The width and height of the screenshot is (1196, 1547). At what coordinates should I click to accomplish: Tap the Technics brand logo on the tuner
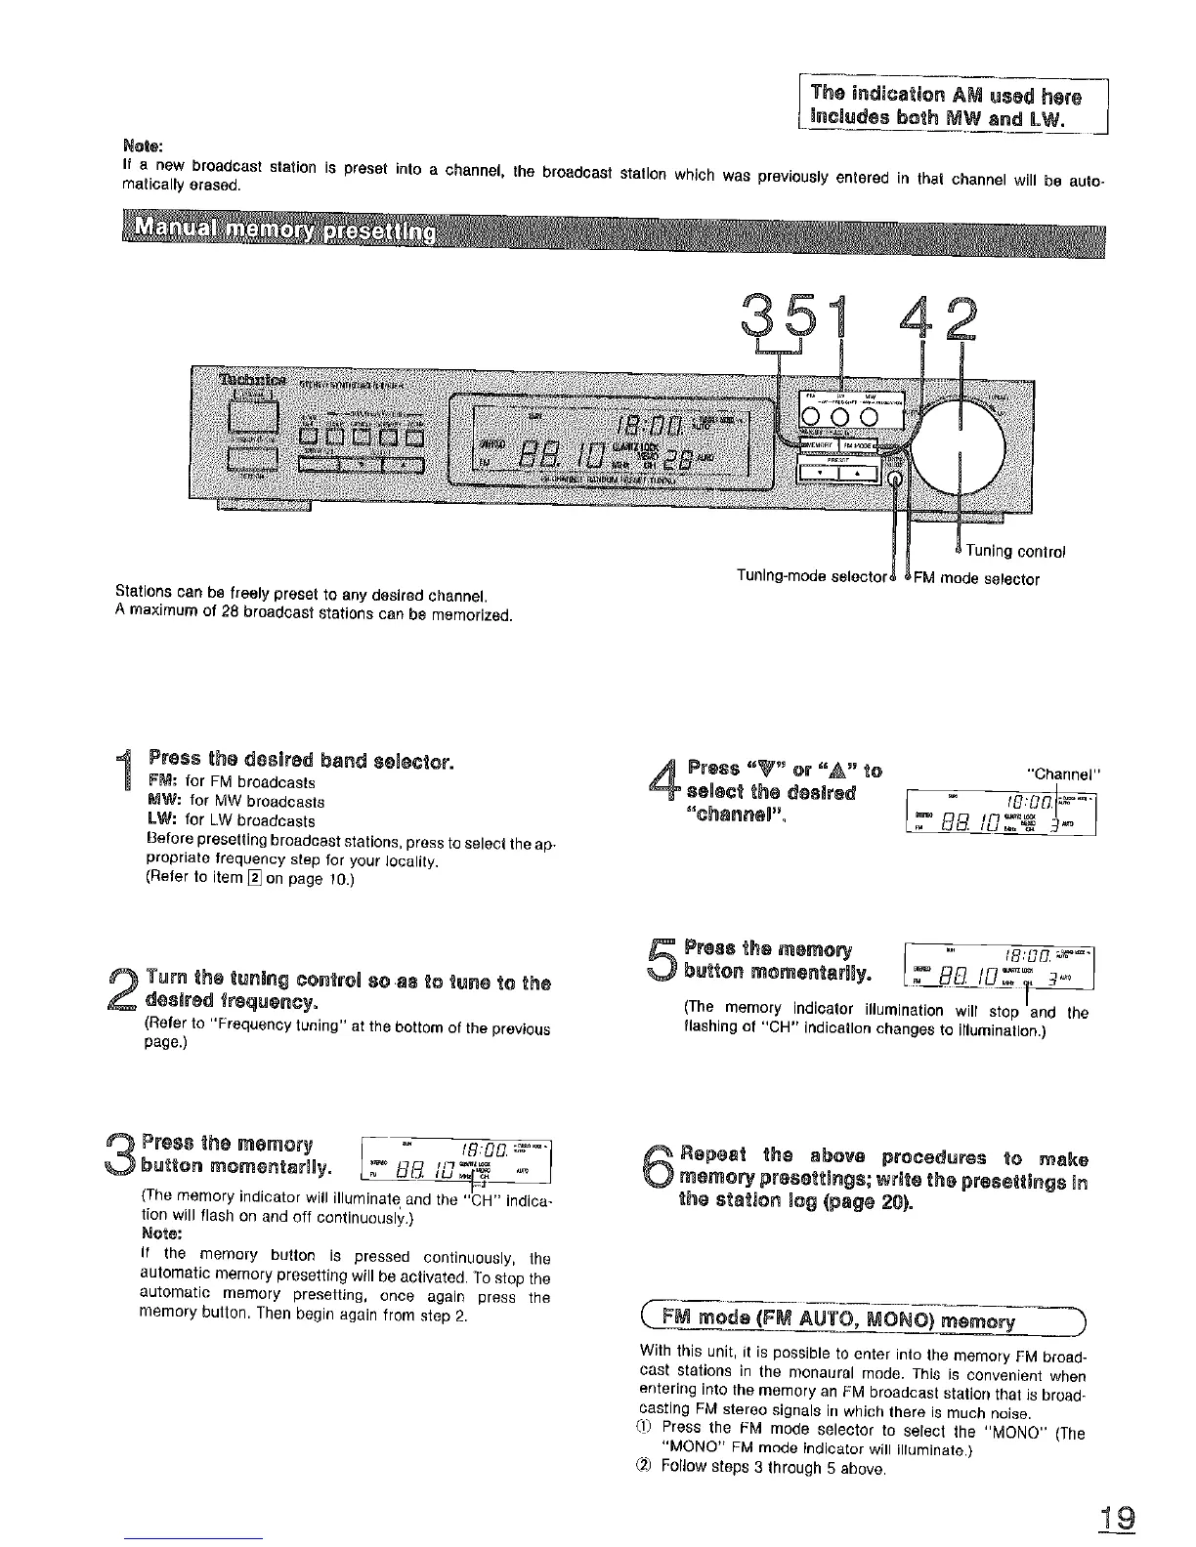[x=252, y=379]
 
